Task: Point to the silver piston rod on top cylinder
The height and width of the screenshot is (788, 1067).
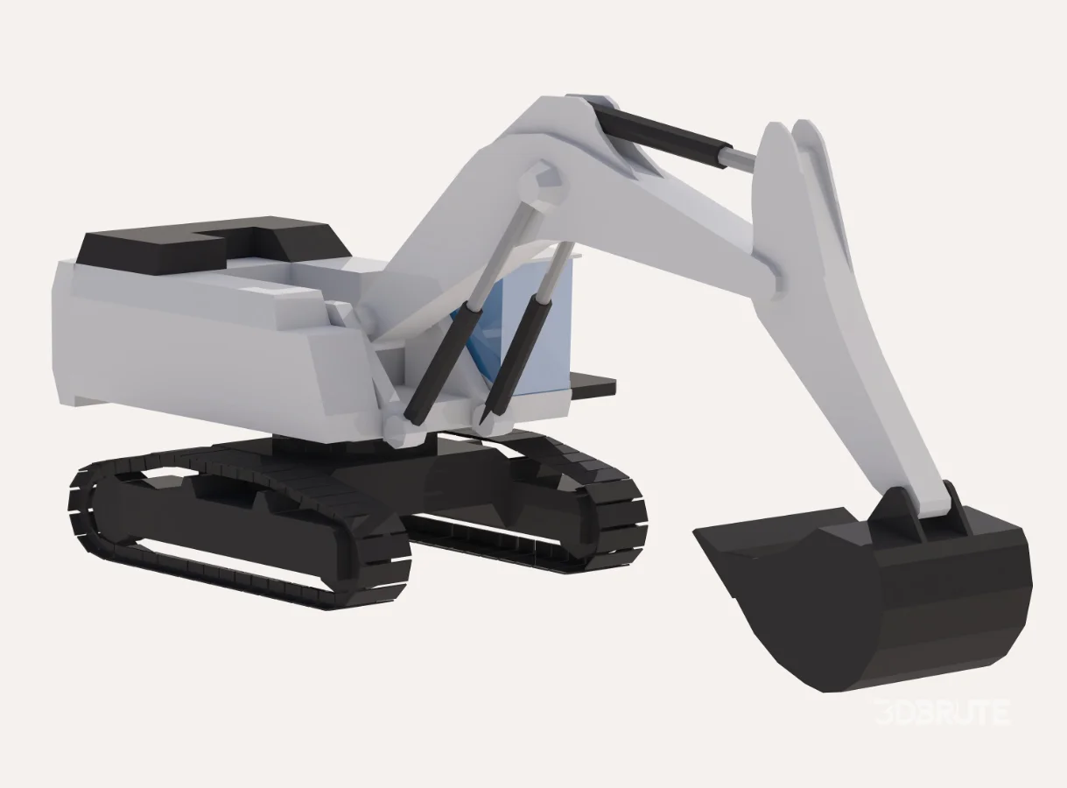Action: point(738,158)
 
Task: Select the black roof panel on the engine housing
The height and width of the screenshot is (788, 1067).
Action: point(210,243)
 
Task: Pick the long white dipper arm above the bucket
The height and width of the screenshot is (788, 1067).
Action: point(840,333)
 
